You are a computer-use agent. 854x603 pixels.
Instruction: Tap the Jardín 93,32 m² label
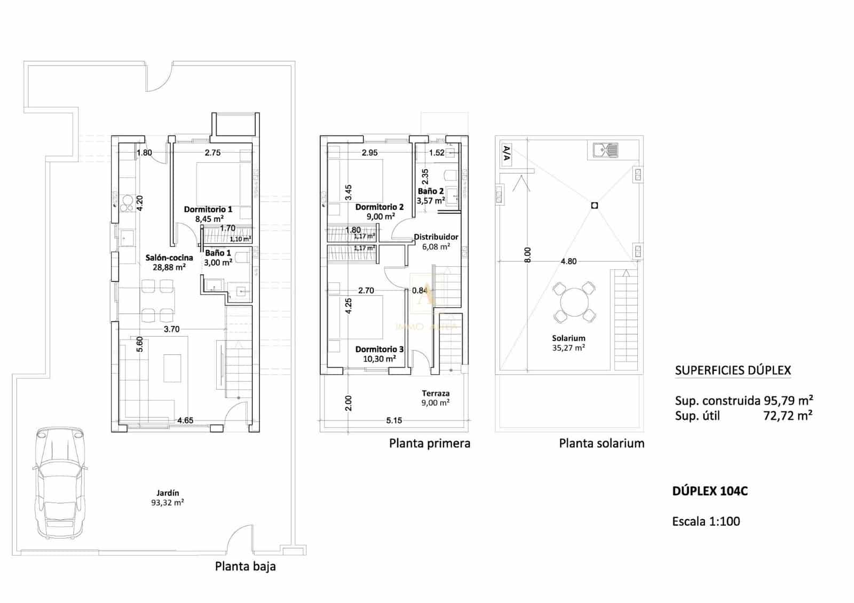168,497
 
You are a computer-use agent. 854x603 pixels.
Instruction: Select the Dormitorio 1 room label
208,214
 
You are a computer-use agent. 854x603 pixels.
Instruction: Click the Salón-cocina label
169,262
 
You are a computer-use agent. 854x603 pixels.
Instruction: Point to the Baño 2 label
431,195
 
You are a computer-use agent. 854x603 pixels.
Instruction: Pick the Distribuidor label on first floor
436,241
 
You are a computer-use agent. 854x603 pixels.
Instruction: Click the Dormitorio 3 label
379,354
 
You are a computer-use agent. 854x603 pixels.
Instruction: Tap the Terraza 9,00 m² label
436,398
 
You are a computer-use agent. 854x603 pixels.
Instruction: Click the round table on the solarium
574,302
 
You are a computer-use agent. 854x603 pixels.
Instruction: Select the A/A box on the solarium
507,154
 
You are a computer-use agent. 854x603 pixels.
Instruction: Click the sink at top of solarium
606,150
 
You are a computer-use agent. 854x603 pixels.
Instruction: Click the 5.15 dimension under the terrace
394,420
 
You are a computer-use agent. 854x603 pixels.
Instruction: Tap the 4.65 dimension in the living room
185,420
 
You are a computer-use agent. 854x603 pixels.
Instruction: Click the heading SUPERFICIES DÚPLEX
733,370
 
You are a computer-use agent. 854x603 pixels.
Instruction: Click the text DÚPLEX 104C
710,491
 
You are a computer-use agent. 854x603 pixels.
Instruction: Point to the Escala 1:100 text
706,521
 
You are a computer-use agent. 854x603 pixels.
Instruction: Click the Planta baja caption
246,566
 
